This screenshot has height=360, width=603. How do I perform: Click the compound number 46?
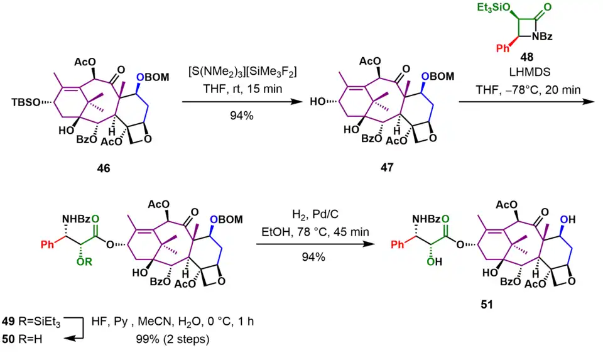pos(102,168)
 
